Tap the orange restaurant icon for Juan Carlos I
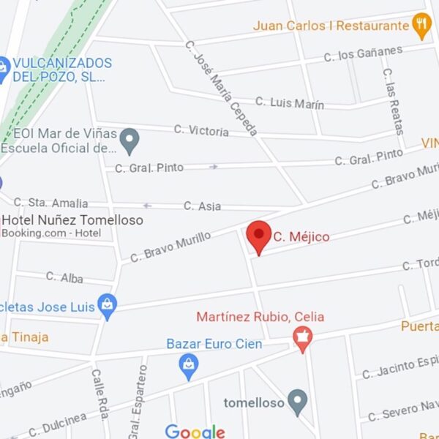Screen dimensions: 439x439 click(x=421, y=26)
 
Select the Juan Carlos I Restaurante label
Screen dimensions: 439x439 click(x=331, y=26)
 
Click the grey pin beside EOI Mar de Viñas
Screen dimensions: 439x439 click(x=130, y=140)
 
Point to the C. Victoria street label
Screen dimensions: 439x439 click(x=201, y=130)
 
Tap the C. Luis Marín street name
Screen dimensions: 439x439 click(x=290, y=102)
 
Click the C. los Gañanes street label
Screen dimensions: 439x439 click(x=363, y=53)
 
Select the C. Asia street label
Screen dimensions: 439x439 click(x=202, y=206)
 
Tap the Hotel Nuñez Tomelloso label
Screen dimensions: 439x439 click(x=72, y=219)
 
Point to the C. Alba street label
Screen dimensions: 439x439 click(x=64, y=277)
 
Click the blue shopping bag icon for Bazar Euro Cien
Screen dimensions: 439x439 click(x=189, y=365)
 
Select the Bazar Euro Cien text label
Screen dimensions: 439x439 click(x=214, y=344)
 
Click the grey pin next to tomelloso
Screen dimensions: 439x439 click(x=296, y=401)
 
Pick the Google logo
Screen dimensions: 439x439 click(x=195, y=432)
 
